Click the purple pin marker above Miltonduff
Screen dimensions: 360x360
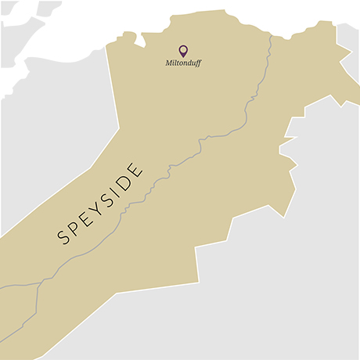[x=183, y=50]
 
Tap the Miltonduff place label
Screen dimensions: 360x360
[x=183, y=63]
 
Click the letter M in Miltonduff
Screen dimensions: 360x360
[x=168, y=63]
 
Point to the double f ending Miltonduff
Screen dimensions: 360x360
[x=197, y=63]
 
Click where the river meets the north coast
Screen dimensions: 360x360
[x=270, y=36]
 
